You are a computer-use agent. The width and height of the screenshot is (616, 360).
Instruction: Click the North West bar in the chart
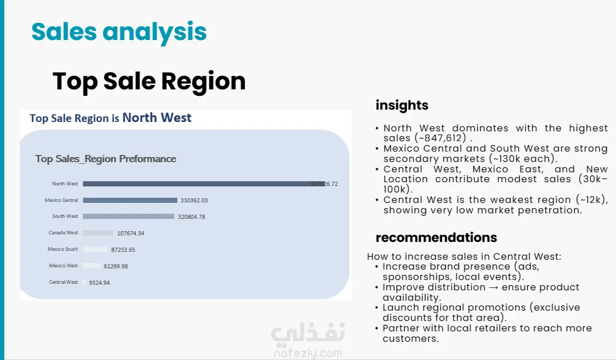(204, 184)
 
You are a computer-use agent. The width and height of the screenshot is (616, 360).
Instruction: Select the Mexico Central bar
(130, 200)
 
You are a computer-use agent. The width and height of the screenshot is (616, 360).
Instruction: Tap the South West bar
(129, 217)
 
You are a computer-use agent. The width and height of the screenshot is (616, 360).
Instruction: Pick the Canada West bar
(98, 233)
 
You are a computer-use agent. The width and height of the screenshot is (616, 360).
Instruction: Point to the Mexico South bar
(95, 249)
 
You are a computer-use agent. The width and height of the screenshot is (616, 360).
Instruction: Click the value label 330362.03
(194, 200)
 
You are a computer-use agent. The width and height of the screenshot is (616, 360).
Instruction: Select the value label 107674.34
(130, 233)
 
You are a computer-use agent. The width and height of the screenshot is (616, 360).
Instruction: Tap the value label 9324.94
(99, 283)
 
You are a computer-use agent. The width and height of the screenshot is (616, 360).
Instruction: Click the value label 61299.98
(116, 266)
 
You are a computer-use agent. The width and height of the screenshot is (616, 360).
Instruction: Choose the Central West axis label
(64, 282)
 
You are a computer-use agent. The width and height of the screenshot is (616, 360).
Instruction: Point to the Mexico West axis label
(64, 266)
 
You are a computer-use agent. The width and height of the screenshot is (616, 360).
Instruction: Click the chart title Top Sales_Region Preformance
(106, 159)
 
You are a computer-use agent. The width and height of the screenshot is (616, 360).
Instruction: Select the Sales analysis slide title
(119, 33)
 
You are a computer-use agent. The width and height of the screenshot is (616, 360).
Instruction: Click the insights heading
(402, 105)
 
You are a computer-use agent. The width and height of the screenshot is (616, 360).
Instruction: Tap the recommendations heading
(436, 238)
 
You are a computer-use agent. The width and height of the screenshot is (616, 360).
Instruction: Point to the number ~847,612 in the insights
(442, 138)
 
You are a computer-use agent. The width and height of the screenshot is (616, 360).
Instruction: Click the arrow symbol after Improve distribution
(493, 287)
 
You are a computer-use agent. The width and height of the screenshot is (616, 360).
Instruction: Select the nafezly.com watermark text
(308, 354)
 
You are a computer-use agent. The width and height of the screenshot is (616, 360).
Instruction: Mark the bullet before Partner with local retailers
(377, 328)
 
